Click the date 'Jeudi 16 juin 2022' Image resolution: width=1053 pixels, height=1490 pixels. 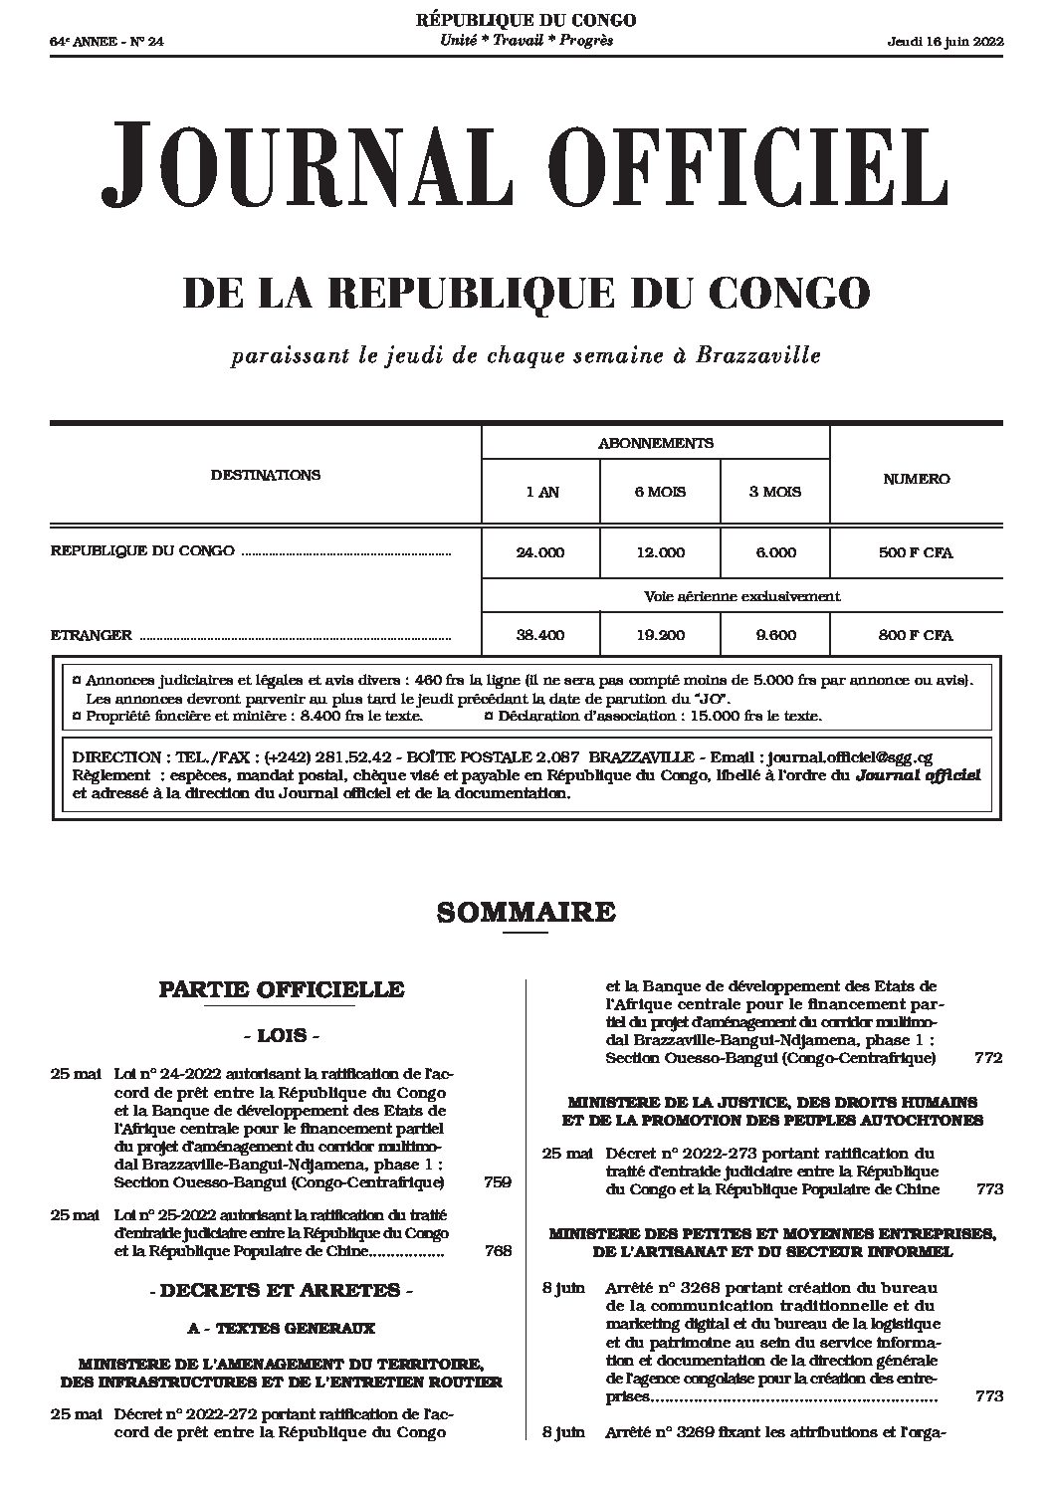[945, 42]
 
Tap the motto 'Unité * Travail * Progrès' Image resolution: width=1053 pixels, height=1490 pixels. [526, 41]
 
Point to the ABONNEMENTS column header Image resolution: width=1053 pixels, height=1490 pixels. [655, 443]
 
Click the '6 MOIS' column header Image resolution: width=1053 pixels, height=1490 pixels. [659, 492]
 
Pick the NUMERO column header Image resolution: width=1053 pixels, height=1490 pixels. [916, 479]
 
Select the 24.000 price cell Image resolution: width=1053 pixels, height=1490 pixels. [540, 552]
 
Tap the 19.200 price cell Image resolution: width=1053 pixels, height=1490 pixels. [659, 635]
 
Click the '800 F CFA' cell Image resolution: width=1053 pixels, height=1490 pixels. [916, 635]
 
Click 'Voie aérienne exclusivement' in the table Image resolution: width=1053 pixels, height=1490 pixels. [741, 597]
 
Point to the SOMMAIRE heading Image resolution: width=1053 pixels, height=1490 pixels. [526, 912]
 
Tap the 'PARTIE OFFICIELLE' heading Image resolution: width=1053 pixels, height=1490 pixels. [282, 989]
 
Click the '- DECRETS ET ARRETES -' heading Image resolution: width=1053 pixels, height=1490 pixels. [282, 1292]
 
